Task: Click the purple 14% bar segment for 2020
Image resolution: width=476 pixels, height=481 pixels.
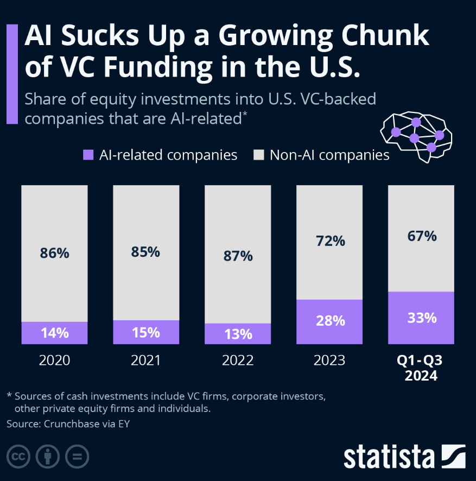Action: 54,333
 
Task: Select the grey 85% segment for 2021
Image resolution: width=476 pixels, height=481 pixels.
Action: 146,252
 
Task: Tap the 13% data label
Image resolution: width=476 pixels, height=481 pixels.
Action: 237,334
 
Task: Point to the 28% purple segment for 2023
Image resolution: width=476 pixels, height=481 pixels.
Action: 329,321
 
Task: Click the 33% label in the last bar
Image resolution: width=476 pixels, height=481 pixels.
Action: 422,318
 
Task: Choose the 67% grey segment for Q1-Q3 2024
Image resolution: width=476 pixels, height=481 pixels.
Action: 421,238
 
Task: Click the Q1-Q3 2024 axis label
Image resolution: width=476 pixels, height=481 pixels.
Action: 421,368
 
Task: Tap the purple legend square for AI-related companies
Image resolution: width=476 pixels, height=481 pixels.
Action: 88,155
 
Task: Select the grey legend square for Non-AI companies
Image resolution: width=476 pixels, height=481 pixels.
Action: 259,155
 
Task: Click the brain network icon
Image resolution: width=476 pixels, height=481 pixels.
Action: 416,135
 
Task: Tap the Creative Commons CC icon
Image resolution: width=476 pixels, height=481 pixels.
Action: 18,456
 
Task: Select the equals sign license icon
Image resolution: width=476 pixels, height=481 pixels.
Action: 77,456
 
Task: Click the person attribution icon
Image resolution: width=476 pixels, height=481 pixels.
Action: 48,456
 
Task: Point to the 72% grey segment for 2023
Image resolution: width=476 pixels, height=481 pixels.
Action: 329,242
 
